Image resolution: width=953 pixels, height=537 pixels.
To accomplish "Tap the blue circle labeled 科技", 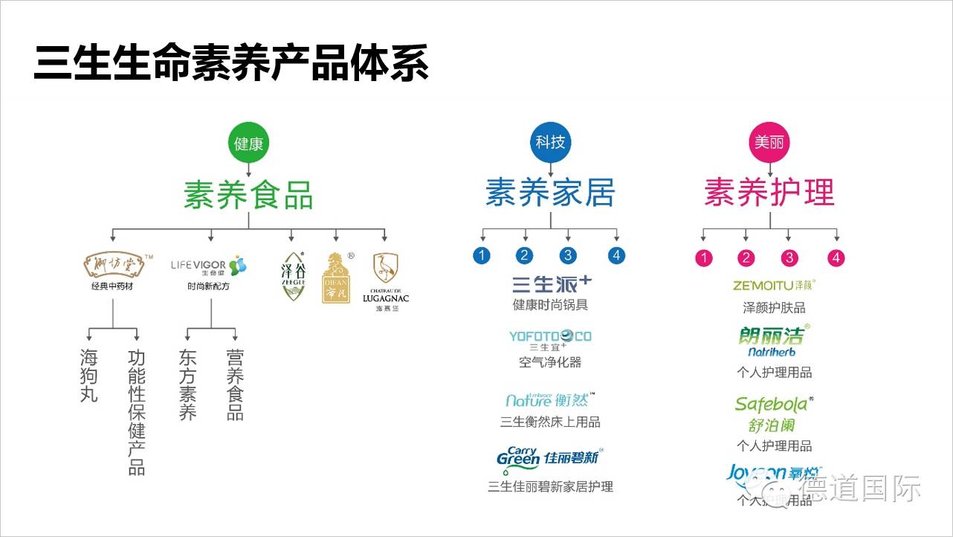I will [550, 142].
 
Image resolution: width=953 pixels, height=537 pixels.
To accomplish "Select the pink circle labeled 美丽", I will [769, 142].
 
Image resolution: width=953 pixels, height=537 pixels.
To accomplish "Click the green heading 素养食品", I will [248, 194].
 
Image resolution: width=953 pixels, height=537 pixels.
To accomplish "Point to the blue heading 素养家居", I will [550, 192].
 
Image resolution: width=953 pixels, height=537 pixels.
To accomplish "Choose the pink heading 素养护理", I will [769, 192].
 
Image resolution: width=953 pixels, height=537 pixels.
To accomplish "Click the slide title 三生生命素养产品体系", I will [231, 63].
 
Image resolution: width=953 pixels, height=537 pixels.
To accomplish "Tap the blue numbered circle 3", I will [569, 256].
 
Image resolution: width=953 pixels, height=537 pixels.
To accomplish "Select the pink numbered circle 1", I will [703, 258].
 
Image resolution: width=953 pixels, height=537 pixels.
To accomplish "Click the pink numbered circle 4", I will [837, 258].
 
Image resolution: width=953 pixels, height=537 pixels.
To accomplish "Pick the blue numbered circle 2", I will [525, 256].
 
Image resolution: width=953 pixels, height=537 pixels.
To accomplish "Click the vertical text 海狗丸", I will [89, 376].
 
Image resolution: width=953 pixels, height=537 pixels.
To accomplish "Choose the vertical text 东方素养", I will [187, 385].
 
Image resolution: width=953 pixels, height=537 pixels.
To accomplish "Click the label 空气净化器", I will [550, 362].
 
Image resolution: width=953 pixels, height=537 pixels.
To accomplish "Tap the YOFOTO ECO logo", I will [550, 338].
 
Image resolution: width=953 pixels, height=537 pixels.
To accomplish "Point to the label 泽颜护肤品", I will [774, 307].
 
